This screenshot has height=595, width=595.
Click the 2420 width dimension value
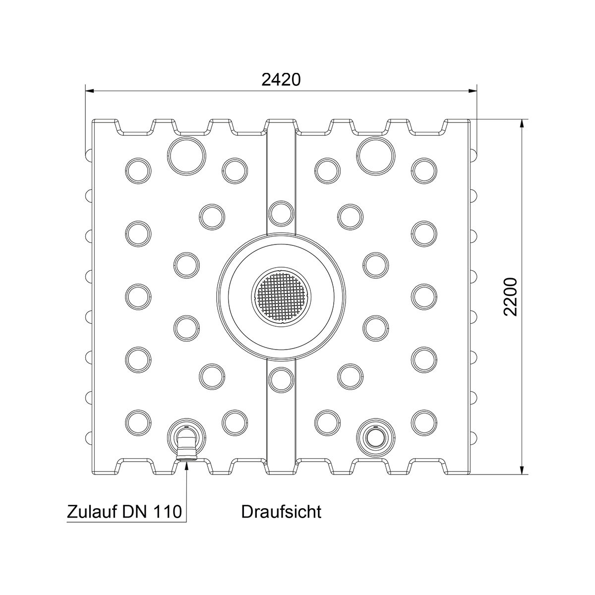pyautogui.click(x=281, y=80)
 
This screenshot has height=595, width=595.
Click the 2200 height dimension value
pyautogui.click(x=510, y=297)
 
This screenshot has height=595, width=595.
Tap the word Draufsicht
pyautogui.click(x=281, y=511)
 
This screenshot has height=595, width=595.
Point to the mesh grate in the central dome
pyautogui.click(x=281, y=297)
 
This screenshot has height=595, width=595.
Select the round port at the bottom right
pyautogui.click(x=375, y=437)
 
